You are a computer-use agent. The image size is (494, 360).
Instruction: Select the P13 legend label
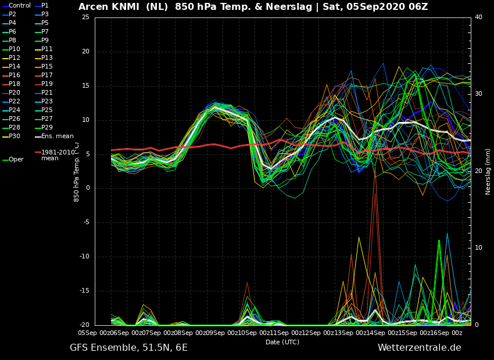point(47,58)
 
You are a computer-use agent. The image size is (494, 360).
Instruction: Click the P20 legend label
point(15,92)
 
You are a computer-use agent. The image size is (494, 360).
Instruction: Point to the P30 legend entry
point(15,136)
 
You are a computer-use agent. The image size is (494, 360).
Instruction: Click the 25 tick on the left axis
point(85,17)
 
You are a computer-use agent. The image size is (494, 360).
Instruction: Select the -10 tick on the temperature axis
point(84,257)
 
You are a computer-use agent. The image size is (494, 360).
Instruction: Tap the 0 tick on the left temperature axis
point(88,188)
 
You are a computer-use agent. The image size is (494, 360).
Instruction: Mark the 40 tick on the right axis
point(478,17)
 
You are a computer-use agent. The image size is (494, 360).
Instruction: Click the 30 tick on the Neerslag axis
point(478,94)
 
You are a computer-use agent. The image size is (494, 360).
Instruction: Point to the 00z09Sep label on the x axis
point(209,333)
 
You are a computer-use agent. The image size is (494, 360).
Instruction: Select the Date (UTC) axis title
point(282,342)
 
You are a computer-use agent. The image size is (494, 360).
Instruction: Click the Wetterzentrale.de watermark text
point(420,348)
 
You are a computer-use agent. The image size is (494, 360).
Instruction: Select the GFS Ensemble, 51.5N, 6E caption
point(128,348)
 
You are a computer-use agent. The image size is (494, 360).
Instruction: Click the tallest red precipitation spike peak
point(375,167)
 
